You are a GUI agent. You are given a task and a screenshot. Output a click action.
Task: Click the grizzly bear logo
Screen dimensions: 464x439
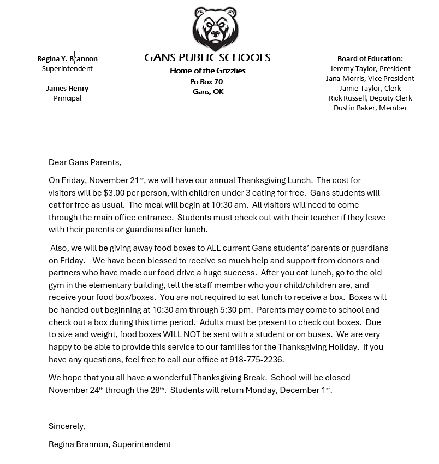coord(215,29)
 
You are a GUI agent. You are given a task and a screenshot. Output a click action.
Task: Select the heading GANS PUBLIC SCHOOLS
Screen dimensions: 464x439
coord(207,57)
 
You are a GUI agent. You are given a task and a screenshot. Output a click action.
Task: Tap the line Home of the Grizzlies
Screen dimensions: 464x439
coord(207,71)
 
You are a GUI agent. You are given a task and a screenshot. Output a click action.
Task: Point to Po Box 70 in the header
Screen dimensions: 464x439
coord(206,81)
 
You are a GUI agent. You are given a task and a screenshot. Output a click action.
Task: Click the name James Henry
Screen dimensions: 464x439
coord(67,88)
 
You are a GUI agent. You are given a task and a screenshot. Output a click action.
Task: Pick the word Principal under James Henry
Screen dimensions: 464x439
coord(67,98)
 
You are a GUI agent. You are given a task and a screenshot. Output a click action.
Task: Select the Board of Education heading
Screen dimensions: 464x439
coord(370,58)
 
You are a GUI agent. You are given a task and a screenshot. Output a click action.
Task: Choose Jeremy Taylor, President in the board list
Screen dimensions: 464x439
coord(370,68)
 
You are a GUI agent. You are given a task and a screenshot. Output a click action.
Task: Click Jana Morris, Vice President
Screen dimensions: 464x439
coord(370,78)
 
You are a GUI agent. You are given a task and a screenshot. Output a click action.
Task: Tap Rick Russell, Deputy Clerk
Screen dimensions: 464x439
coord(370,98)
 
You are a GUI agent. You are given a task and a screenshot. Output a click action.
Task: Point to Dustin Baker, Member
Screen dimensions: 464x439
coord(370,108)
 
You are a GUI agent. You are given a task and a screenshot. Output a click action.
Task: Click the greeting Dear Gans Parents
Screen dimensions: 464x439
coord(85,162)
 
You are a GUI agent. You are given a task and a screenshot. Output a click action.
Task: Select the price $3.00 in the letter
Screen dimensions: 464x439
coord(115,192)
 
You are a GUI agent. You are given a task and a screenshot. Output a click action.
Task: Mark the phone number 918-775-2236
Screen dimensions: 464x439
coord(257,359)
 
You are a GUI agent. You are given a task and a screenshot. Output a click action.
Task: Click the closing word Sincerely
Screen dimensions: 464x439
coord(67,426)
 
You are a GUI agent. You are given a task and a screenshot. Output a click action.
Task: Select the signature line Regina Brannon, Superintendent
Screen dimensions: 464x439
coord(109,444)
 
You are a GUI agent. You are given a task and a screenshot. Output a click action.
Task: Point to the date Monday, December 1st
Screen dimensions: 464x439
coord(288,390)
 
